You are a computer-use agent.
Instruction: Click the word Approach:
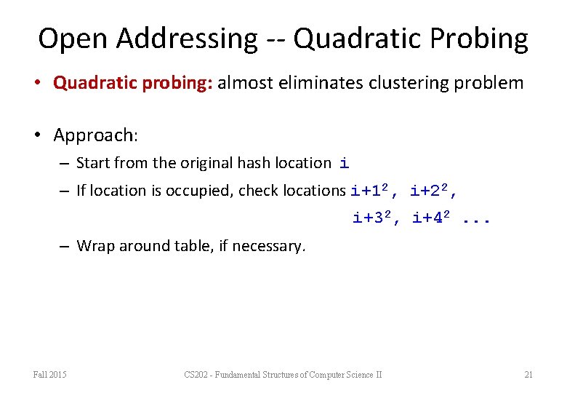tap(95, 135)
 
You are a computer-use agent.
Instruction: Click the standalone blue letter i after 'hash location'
tap(344, 164)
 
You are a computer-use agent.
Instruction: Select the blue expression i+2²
tap(433, 191)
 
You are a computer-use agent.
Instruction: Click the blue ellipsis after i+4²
tap(477, 218)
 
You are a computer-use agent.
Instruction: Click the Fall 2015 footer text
tap(50, 375)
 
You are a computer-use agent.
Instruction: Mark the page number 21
tap(528, 375)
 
